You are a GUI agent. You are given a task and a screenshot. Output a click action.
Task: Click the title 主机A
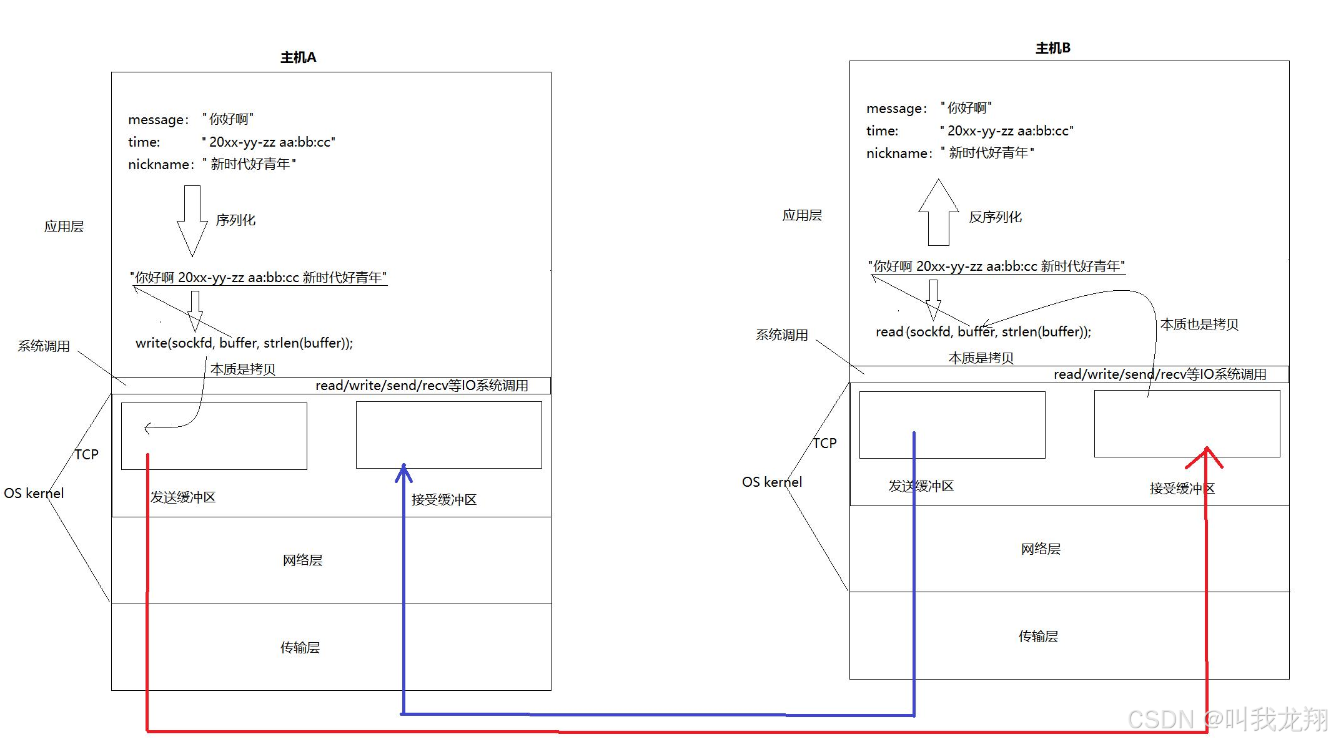coord(298,57)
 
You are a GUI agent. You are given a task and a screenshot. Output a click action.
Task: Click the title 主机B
coord(1052,48)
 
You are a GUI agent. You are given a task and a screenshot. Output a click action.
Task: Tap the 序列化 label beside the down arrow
coord(235,220)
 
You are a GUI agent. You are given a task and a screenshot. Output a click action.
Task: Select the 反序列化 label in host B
coord(995,217)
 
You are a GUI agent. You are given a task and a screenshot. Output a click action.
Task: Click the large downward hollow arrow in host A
coord(192,220)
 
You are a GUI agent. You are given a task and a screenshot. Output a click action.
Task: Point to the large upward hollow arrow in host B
coord(938,212)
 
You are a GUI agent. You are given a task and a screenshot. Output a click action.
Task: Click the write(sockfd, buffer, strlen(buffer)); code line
coord(244,343)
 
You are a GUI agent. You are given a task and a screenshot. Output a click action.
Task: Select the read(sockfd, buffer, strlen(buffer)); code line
coord(983,332)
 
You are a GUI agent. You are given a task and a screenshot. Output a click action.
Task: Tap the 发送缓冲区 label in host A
coord(183,497)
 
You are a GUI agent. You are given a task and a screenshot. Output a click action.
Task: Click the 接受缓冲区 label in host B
coord(1182,489)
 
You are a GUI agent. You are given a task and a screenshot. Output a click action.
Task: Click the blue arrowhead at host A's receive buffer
coord(403,472)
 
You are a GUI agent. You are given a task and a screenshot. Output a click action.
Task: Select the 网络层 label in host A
coord(302,560)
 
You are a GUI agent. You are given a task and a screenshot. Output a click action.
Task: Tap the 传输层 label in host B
coord(1038,637)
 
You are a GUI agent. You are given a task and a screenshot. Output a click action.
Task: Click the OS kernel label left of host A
coord(34,494)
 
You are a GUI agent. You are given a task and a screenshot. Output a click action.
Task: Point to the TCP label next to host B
coord(824,443)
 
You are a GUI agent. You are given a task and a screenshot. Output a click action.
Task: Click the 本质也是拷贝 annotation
coord(1199,325)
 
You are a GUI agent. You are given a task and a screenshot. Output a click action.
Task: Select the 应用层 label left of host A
coord(64,227)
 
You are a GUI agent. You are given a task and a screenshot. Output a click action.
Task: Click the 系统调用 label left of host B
coord(781,335)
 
